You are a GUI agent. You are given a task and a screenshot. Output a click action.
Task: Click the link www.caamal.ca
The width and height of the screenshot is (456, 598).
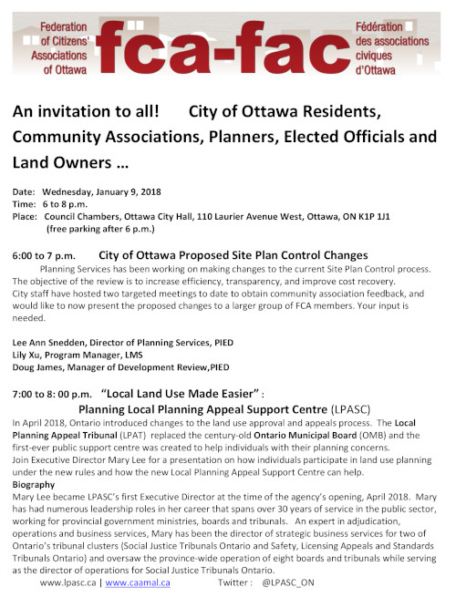[138, 581]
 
